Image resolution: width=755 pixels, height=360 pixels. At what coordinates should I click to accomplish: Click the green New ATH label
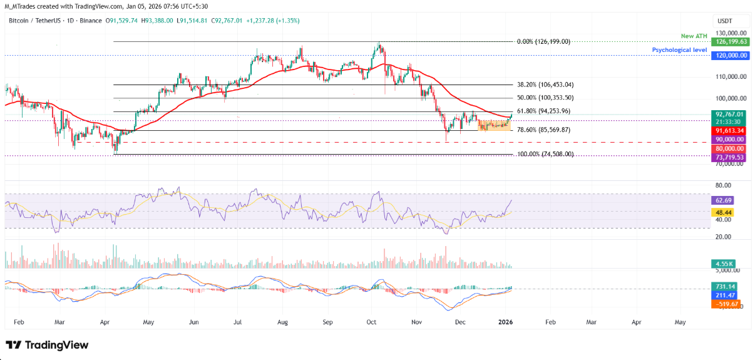[x=694, y=36]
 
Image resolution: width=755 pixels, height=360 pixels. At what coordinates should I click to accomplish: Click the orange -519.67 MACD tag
[x=727, y=304]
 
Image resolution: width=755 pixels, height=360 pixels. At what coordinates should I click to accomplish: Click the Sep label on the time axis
[x=327, y=321]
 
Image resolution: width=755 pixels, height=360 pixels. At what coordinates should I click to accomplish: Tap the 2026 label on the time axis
[x=506, y=321]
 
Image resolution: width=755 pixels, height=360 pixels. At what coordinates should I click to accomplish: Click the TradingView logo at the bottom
[x=47, y=345]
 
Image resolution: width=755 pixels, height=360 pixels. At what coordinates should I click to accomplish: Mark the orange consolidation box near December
[x=494, y=125]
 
